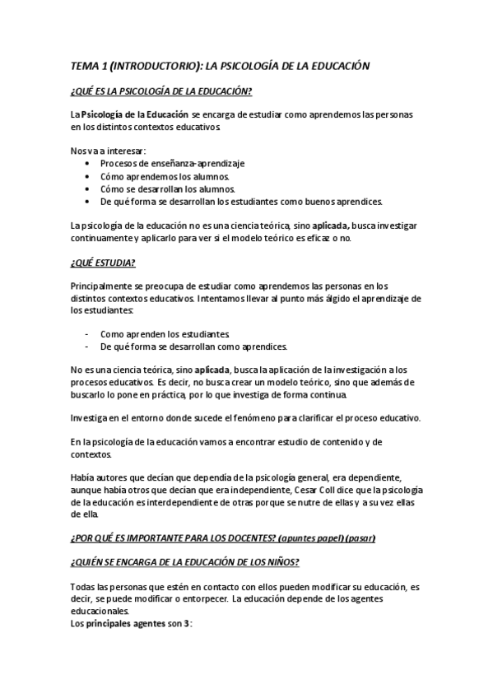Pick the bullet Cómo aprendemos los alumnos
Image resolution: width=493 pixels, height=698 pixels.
165,176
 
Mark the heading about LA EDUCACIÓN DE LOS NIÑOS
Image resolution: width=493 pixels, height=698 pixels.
185,562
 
